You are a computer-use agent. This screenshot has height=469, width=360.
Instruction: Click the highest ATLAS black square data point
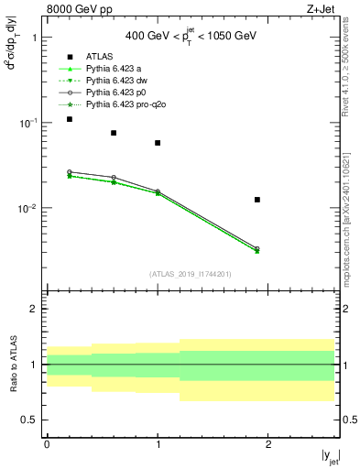coord(70,119)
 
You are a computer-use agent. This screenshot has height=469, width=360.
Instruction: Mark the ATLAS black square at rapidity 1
coord(158,143)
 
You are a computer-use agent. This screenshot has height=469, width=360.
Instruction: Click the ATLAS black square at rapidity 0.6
coord(114,133)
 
